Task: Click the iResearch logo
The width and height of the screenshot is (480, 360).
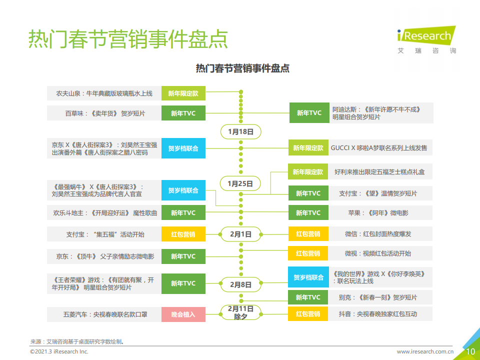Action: coord(426,40)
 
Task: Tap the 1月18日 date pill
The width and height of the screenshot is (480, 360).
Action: coord(241,131)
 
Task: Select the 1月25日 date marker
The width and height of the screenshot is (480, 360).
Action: coord(240,183)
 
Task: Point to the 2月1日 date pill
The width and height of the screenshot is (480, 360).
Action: coord(241,234)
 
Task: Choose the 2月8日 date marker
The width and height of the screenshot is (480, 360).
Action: coord(241,284)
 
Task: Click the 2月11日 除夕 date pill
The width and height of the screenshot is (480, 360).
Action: coord(241,312)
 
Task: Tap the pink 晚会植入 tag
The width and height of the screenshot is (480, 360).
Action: coord(183,314)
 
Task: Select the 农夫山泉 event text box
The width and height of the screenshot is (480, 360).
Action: coord(104,93)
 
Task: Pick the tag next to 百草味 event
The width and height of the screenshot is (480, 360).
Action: coord(183,113)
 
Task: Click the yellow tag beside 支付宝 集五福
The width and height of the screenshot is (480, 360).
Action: coord(183,234)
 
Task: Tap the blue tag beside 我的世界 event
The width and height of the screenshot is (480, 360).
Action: coord(308,277)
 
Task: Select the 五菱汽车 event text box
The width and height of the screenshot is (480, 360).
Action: coord(104,314)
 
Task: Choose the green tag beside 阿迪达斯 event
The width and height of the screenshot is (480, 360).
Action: coord(309,113)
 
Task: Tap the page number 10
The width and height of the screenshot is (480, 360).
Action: coord(470,351)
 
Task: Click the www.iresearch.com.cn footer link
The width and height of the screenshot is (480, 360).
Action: coord(425,351)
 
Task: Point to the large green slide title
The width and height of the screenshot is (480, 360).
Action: coord(128,39)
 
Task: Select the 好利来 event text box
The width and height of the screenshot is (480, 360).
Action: coord(380,171)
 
